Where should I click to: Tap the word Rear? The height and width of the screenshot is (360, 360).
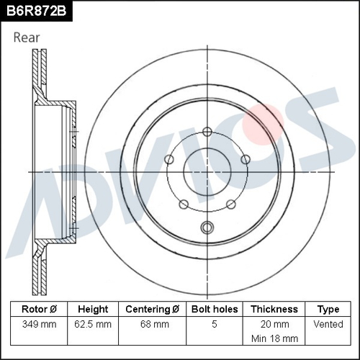(27, 37)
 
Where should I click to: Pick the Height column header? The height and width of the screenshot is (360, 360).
(94, 309)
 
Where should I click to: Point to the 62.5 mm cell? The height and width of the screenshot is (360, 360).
(94, 324)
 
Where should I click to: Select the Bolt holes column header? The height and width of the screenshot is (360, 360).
(214, 309)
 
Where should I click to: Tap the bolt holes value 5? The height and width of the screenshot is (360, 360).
(214, 324)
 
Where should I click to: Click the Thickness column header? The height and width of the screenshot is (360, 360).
(274, 309)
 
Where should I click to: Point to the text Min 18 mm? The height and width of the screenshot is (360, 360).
(274, 338)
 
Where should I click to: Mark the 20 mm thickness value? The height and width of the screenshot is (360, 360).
(274, 324)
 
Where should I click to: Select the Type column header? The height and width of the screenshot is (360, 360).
(328, 309)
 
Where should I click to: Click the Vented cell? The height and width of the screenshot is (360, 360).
(328, 324)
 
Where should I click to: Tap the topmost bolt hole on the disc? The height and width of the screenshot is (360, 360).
(207, 131)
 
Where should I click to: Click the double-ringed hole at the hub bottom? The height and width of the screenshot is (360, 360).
(207, 228)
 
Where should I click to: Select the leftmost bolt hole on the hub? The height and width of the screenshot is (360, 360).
(169, 159)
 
